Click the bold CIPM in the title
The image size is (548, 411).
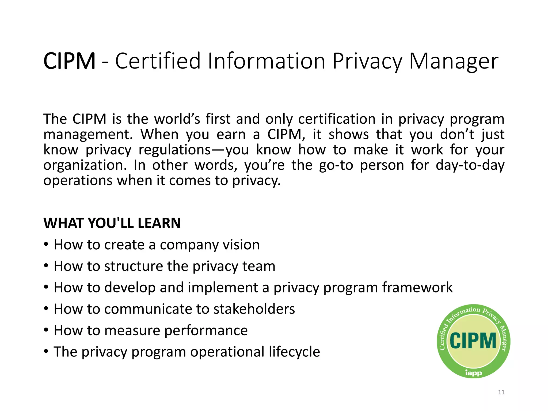(69, 61)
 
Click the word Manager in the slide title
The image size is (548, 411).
(454, 61)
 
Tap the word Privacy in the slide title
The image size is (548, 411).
(367, 61)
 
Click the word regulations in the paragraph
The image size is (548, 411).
(175, 150)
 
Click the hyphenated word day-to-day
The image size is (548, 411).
(470, 165)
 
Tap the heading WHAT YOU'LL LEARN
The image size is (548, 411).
(112, 223)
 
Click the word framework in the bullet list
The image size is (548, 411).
(417, 288)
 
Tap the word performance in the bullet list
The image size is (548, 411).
(206, 330)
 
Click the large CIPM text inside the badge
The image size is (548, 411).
(473, 341)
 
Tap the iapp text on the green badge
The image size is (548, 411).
(473, 373)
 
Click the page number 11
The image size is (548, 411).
(501, 392)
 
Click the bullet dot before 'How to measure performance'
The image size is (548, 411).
(46, 330)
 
